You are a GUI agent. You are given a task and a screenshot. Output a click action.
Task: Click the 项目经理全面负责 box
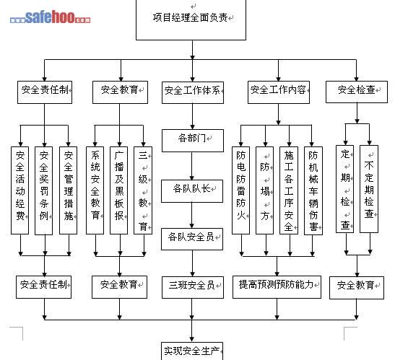pyautogui.click(x=191, y=19)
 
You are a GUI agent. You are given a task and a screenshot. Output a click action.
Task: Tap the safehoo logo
pyautogui.click(x=50, y=17)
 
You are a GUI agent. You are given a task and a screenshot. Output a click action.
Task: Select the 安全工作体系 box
pyautogui.click(x=193, y=92)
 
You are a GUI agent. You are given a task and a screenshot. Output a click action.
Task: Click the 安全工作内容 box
pyautogui.click(x=279, y=92)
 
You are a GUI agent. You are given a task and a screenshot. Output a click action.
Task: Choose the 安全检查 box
pyautogui.click(x=357, y=92)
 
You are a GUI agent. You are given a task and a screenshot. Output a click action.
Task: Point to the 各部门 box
pyautogui.click(x=193, y=141)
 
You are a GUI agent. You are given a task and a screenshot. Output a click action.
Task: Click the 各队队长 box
pyautogui.click(x=192, y=191)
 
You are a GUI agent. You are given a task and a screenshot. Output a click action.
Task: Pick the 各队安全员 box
pyautogui.click(x=192, y=240)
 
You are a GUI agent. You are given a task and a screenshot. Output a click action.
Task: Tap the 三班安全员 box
pyautogui.click(x=193, y=288)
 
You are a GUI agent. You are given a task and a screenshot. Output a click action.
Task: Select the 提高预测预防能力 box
pyautogui.click(x=277, y=287)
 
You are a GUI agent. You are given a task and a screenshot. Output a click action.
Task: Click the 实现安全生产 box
pyautogui.click(x=192, y=351)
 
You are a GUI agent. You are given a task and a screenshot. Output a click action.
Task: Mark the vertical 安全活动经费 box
pyautogui.click(x=20, y=190)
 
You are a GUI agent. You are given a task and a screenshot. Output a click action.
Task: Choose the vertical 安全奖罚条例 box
pyautogui.click(x=44, y=190)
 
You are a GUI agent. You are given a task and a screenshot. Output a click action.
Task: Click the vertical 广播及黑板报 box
pyautogui.click(x=119, y=190)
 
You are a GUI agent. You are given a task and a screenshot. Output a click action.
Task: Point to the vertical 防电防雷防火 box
pyautogui.click(x=241, y=190)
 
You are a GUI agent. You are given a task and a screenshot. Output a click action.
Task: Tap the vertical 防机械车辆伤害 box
pyautogui.click(x=313, y=191)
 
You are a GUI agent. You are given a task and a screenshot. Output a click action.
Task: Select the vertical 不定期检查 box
pyautogui.click(x=369, y=189)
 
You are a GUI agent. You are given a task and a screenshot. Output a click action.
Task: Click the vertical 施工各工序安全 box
pyautogui.click(x=289, y=190)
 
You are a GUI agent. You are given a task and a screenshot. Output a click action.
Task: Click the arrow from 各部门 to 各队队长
pyautogui.click(x=192, y=166)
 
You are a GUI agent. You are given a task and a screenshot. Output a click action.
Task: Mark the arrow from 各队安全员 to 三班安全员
pyautogui.click(x=193, y=263)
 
